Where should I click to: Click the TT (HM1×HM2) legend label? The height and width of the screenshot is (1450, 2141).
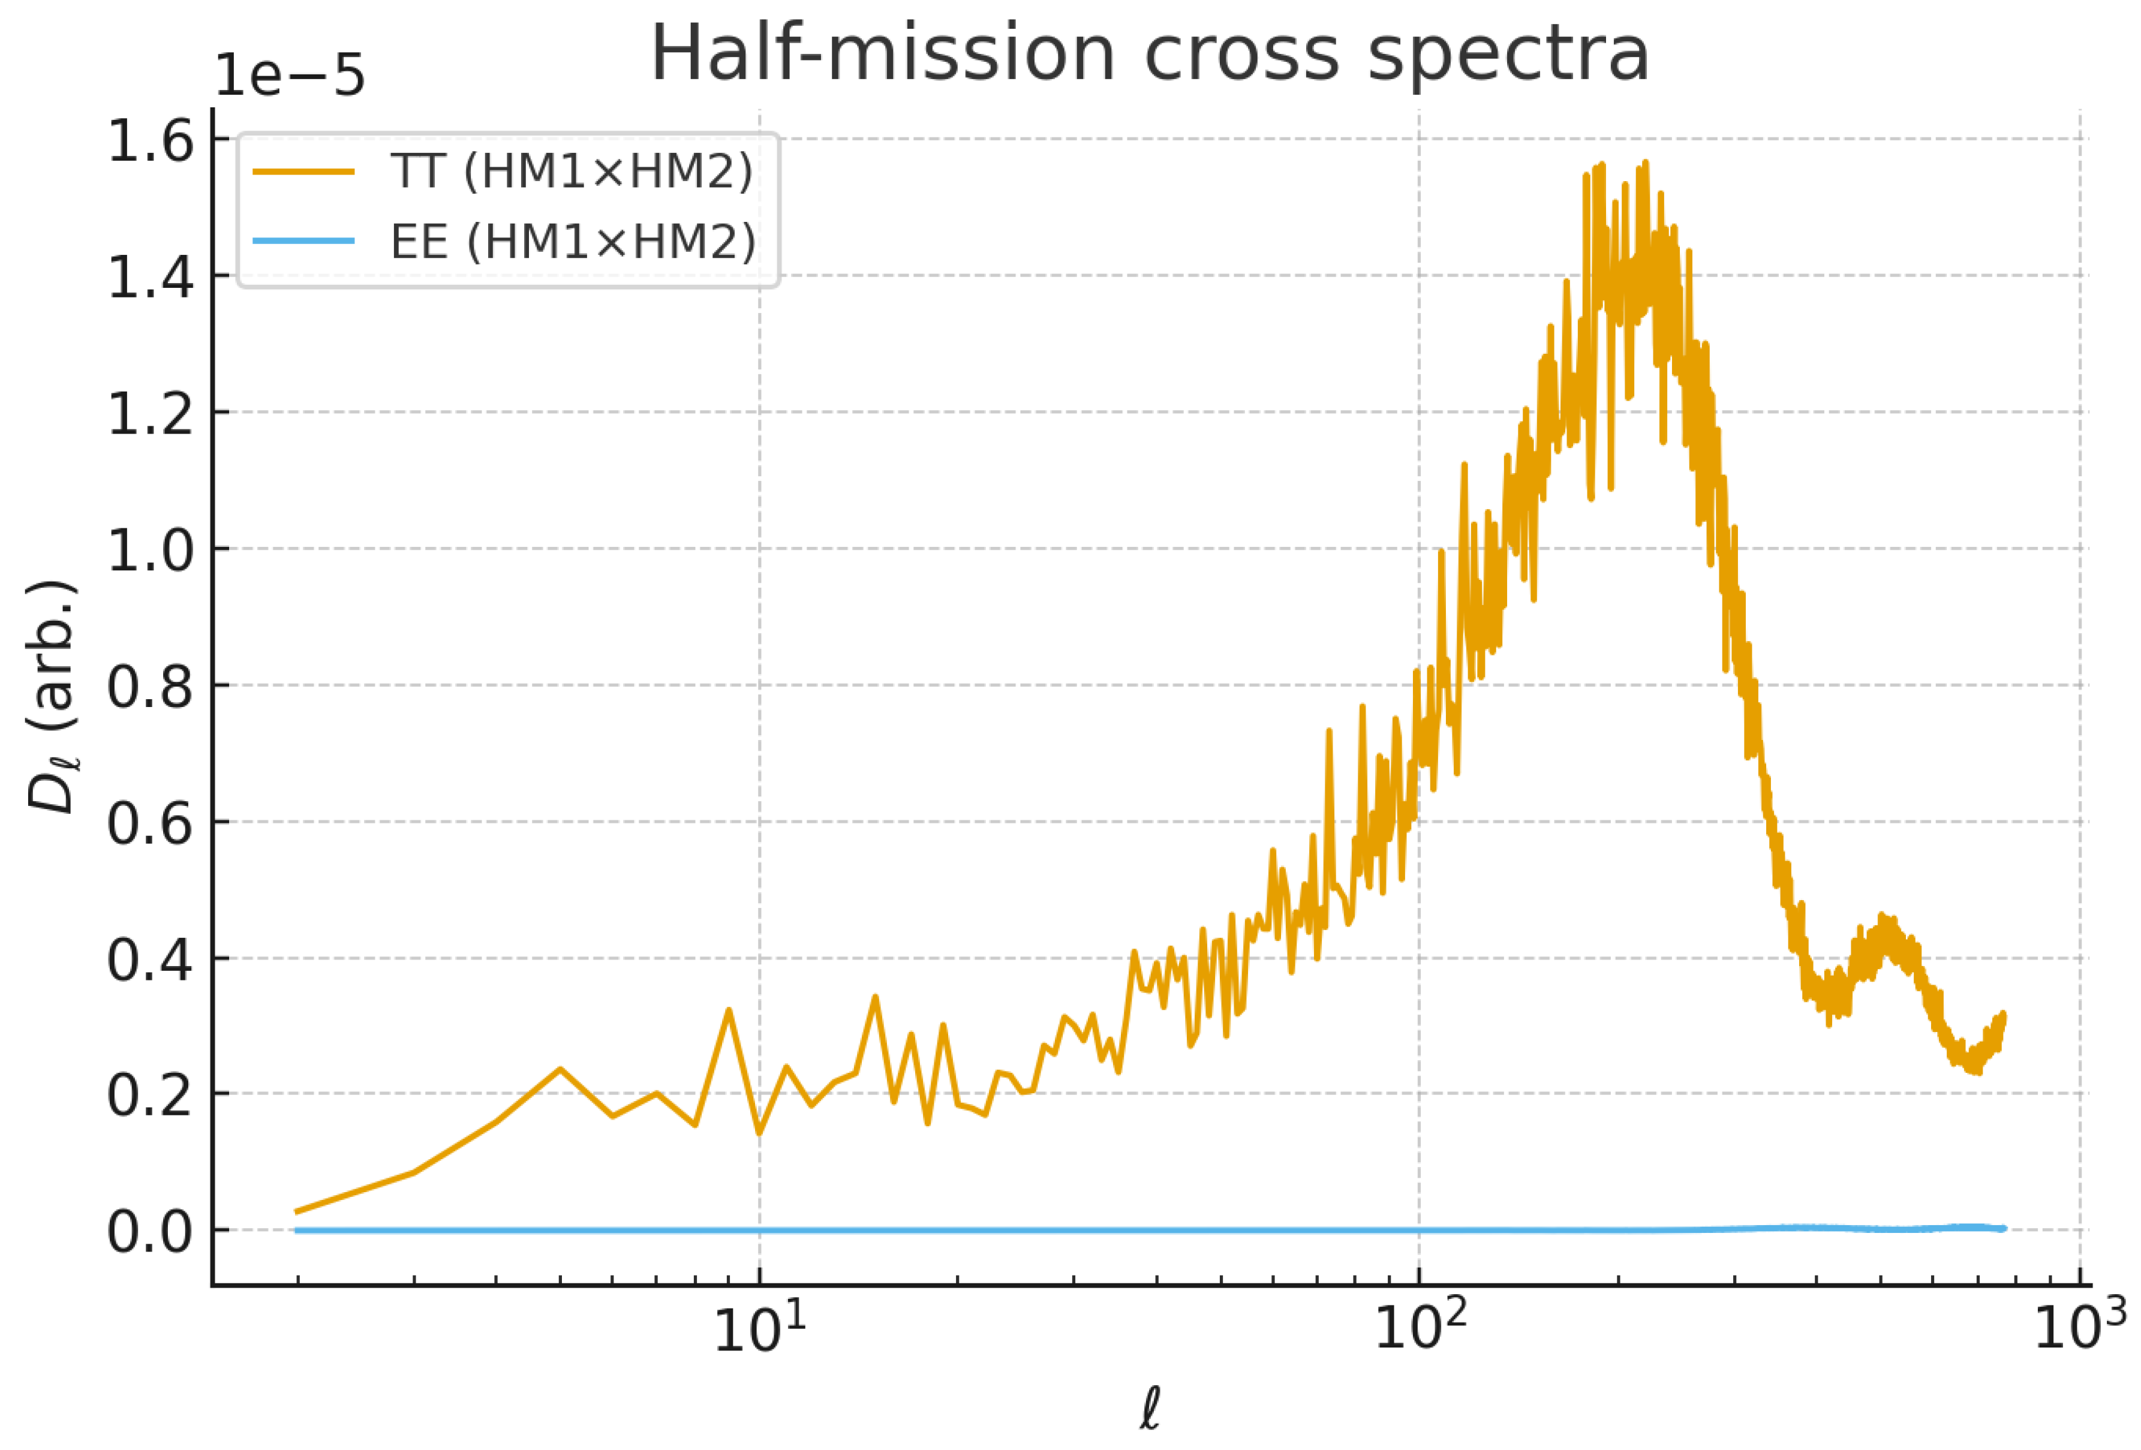[x=571, y=172]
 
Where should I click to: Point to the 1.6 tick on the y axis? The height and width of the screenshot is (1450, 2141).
[x=150, y=141]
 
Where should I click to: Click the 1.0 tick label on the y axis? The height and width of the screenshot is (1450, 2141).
[x=150, y=551]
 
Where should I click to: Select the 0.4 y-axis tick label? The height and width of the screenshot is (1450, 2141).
[x=150, y=960]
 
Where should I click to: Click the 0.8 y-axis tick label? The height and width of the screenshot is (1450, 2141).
[x=150, y=687]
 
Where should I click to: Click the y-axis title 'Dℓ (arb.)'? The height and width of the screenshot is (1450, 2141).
[x=53, y=697]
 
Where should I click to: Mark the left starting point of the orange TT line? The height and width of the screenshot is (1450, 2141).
[x=296, y=1211]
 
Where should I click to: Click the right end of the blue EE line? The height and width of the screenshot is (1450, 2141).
[x=2004, y=1229]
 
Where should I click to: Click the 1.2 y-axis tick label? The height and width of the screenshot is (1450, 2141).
[x=150, y=414]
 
